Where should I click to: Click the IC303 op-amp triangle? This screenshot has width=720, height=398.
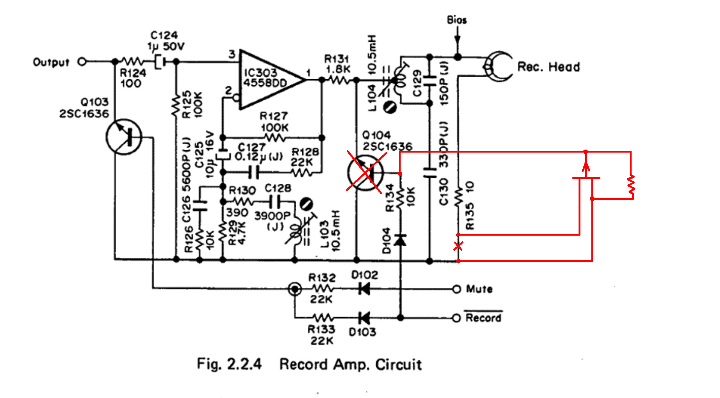[269, 80]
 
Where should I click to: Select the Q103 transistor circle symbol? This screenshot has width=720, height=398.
[124, 137]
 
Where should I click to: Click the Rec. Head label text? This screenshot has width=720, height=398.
[548, 67]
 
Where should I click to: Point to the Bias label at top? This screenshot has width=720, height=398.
[457, 20]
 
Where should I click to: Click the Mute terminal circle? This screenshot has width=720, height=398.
[456, 289]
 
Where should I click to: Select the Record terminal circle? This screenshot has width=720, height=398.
[456, 318]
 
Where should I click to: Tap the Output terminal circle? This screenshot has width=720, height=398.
[82, 61]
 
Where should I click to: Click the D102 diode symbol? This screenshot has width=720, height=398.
[364, 289]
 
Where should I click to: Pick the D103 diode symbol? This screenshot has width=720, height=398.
[364, 318]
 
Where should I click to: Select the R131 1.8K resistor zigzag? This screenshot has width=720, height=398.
[339, 80]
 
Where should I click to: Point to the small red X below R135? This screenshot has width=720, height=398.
[458, 246]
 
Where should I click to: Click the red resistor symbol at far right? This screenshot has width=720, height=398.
[631, 186]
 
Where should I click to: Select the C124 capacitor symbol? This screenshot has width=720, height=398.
[161, 61]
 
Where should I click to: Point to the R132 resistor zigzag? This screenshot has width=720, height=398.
[322, 289]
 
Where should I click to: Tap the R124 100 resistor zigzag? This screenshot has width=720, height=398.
[132, 61]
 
